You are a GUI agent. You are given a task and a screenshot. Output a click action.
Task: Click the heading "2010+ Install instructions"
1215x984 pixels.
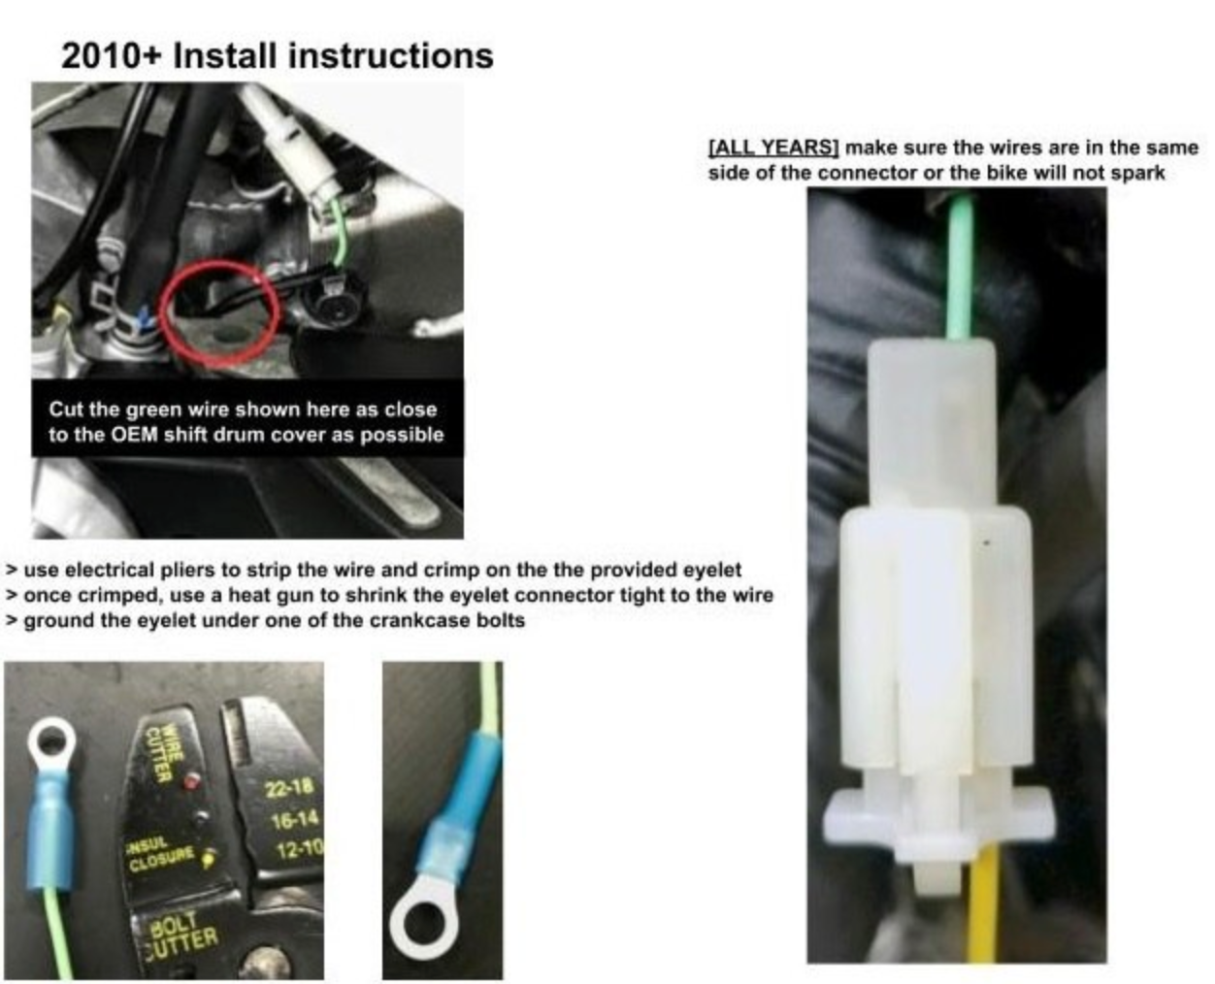(278, 56)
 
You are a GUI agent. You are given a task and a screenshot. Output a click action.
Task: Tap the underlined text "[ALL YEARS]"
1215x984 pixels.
(773, 148)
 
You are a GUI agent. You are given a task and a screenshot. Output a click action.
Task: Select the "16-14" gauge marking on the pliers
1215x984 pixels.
(294, 820)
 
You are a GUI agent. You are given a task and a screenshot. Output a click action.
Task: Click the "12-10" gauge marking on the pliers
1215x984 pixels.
(300, 850)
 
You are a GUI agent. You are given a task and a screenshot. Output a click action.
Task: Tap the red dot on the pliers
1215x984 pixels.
(191, 781)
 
